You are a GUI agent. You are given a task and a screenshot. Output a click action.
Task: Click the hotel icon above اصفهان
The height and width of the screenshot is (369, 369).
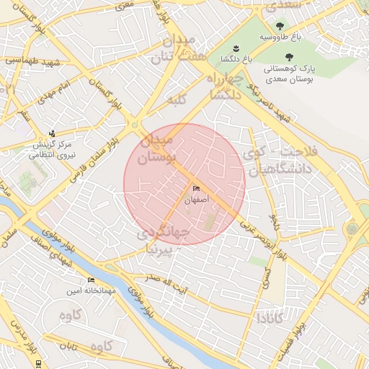(196, 189)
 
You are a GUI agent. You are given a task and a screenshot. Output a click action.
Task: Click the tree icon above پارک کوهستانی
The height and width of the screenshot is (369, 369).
(289, 57)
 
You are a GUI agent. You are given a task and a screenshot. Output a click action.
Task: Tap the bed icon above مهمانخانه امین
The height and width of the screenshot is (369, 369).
(91, 280)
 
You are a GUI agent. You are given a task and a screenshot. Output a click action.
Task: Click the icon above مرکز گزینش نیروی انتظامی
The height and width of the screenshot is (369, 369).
(51, 133)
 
